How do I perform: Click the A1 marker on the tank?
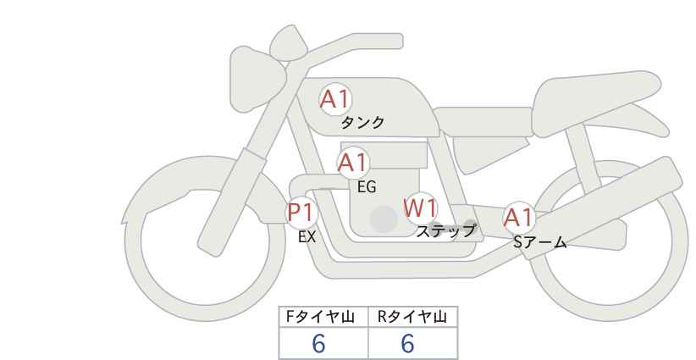[x=335, y=99]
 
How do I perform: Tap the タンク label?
[x=362, y=123]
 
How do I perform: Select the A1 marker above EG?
[x=353, y=163]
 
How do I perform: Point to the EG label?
[x=367, y=187]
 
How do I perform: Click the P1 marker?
[x=301, y=212]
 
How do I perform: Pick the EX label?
[x=307, y=237]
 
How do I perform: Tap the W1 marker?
[x=421, y=208]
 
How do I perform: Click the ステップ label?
[x=445, y=231]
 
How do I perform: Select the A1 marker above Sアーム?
[x=518, y=218]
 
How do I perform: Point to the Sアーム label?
[x=539, y=242]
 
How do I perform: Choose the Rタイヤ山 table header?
[x=412, y=317]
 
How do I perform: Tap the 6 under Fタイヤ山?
[x=318, y=343]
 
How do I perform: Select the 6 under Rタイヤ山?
[x=407, y=343]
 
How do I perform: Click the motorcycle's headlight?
[x=254, y=80]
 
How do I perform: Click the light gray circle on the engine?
[x=384, y=219]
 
